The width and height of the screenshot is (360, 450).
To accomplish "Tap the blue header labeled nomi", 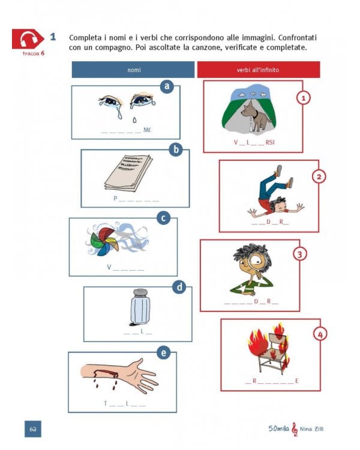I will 133,70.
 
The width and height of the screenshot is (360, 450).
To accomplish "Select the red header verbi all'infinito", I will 258,70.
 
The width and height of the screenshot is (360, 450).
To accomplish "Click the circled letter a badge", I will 167,88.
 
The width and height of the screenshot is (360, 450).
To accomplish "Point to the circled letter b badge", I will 176,149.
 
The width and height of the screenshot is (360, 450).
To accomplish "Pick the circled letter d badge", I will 179,287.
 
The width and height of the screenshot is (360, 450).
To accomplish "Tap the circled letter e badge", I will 163,353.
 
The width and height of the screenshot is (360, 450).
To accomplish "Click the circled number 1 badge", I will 304,97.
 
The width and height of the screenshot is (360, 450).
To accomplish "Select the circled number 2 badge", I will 320,176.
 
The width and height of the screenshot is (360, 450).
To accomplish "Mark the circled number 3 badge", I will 300,254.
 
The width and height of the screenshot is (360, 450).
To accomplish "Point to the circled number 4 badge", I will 320,333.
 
